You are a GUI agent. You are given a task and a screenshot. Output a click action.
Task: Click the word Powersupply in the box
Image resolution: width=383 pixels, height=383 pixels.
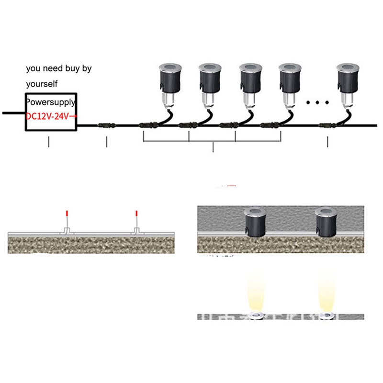pyautogui.click(x=50, y=102)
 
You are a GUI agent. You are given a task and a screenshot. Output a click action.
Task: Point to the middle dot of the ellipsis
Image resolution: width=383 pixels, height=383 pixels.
pyautogui.click(x=318, y=102)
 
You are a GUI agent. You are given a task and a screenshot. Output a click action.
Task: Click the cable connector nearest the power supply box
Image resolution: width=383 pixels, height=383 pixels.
pyautogui.click(x=105, y=126)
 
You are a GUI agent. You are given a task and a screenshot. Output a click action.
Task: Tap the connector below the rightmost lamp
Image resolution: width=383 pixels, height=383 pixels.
pyautogui.click(x=327, y=126)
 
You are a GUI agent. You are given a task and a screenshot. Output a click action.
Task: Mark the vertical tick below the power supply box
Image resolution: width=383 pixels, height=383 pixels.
pyautogui.click(x=48, y=142)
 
